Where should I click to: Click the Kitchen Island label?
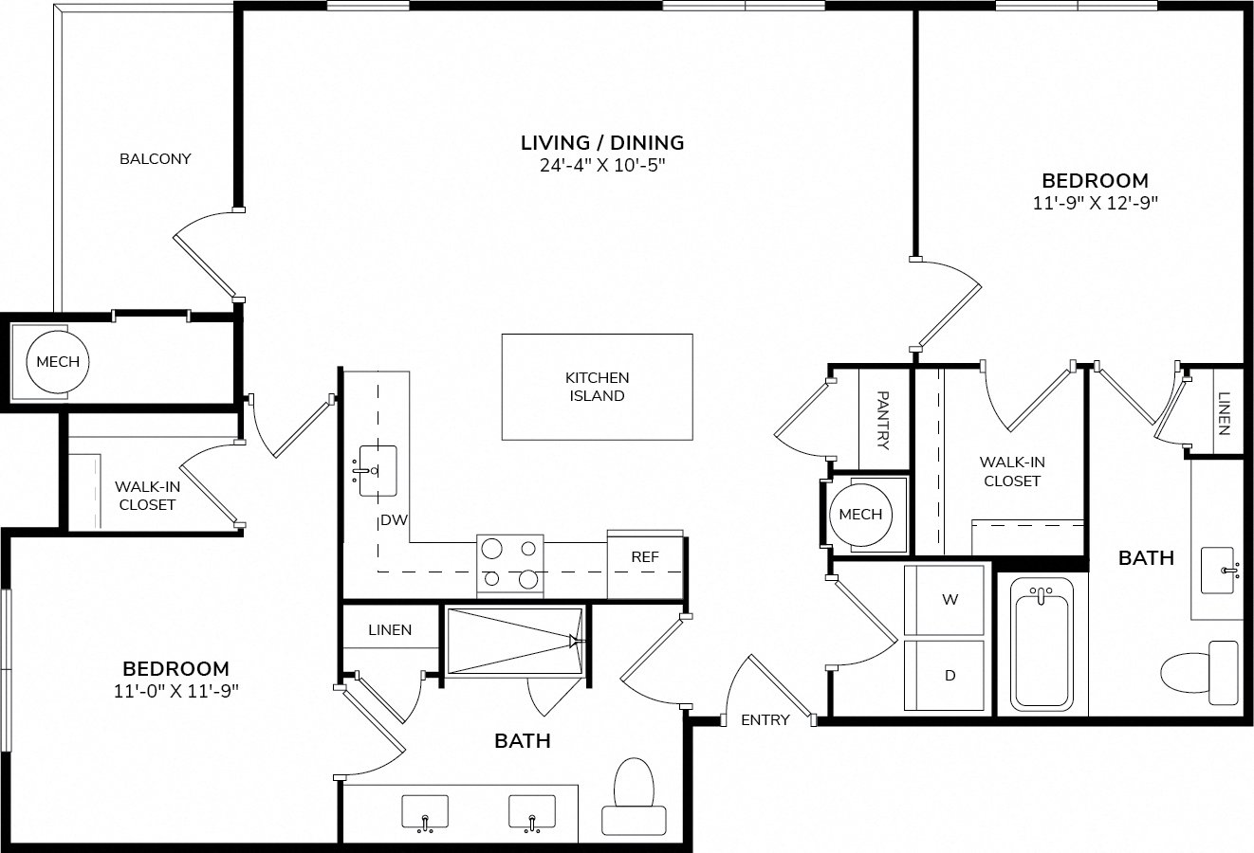pos(597,387)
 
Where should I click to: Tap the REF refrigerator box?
pos(645,564)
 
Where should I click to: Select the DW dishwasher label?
pos(394,519)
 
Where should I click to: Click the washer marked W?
pos(944,600)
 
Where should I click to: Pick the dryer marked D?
pos(944,675)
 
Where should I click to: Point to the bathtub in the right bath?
pos(1042,644)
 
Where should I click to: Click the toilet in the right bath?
pos(1200,673)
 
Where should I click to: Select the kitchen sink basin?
pos(378,470)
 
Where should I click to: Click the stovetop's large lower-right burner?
pos(528,579)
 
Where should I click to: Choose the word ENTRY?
pos(765,720)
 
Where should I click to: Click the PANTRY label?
pos(883,420)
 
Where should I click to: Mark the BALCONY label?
pos(155,159)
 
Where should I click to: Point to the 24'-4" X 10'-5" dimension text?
pos(602,166)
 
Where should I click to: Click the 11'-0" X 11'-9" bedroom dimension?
pos(176,691)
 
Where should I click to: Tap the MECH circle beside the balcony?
pos(58,362)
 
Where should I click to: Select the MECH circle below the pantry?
pos(861,515)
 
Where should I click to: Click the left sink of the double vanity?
pos(425,811)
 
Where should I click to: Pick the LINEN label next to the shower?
pos(390,630)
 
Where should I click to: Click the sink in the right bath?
pos(1218,571)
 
